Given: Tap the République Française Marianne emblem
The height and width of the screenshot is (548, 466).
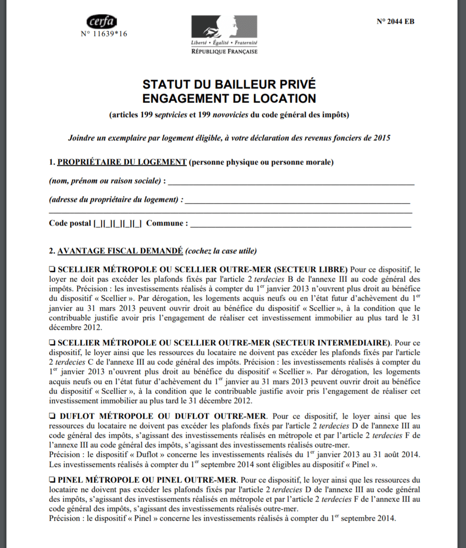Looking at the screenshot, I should (224, 27).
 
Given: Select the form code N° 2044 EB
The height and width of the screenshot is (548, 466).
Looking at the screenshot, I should (395, 21).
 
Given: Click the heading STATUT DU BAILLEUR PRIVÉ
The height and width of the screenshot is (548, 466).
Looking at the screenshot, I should (229, 85).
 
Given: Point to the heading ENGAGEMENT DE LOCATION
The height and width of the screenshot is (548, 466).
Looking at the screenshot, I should (229, 98).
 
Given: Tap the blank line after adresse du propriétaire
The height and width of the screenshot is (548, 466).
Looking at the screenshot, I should (298, 200).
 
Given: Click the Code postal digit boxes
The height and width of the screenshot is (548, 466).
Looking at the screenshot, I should (118, 224).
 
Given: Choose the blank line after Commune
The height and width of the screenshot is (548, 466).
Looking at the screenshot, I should (301, 224).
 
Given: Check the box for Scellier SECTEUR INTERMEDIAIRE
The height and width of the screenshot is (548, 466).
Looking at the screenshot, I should (52, 342).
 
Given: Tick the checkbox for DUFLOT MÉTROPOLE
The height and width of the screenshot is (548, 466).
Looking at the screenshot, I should (52, 416).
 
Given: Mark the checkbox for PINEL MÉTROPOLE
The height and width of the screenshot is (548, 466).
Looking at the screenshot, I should (52, 480).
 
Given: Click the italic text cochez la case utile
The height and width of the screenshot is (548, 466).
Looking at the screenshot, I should (221, 251).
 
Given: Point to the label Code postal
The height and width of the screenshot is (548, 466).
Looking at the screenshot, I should (70, 224).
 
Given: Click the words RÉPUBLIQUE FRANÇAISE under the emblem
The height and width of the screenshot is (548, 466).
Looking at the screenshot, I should (224, 51).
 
